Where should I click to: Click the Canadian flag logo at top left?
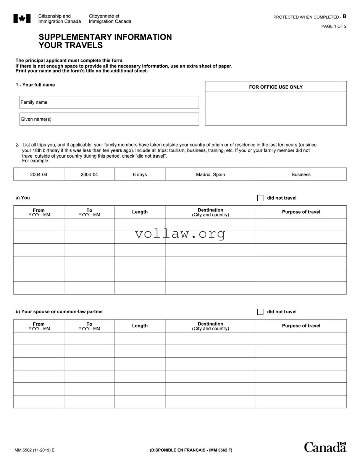22,18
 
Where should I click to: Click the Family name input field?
109,102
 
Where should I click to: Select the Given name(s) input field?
109,119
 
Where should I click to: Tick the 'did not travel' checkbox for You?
260,198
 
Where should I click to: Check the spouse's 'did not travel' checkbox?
260,312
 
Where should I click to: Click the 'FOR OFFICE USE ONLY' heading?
276,87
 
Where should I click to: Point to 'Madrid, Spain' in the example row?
210,174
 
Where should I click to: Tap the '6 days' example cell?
140,174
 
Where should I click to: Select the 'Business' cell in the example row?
301,174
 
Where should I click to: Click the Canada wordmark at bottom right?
325,447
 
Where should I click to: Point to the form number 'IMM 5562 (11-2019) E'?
34,450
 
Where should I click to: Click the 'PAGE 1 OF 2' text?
334,26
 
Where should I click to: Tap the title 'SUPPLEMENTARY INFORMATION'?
105,37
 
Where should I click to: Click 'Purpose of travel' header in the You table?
301,212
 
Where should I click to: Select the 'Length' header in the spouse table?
140,326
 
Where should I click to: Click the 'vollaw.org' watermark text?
180,234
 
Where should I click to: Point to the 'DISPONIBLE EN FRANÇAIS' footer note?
191,450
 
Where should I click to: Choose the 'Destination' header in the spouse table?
210,324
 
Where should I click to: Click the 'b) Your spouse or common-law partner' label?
59,312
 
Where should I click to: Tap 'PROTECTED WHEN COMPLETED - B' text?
310,17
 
